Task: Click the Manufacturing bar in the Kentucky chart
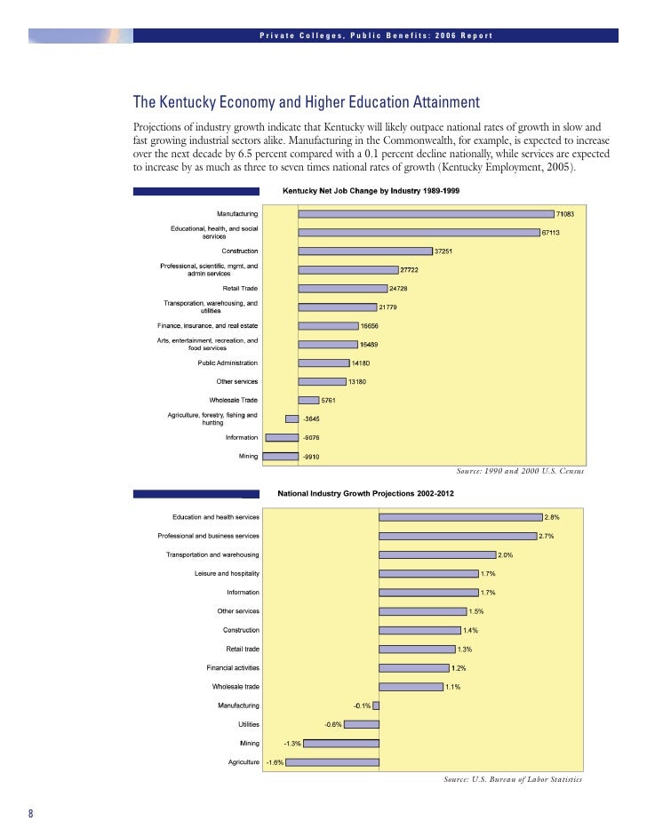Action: pos(426,213)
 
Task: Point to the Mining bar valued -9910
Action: pos(282,456)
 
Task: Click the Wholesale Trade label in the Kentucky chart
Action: pos(233,400)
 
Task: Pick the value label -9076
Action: pos(312,437)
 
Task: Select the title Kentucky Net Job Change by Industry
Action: pos(371,191)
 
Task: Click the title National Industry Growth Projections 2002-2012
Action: pos(366,494)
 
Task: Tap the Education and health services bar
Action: pos(460,516)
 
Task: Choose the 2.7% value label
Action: pos(548,536)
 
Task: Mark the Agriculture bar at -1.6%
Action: pos(331,761)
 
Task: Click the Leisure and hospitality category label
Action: pos(227,573)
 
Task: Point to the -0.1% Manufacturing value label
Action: pos(362,705)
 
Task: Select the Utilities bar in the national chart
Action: pos(361,724)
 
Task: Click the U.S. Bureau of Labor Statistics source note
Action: pos(513,779)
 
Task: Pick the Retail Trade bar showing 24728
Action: pos(342,289)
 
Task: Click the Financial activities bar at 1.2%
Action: pos(414,667)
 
